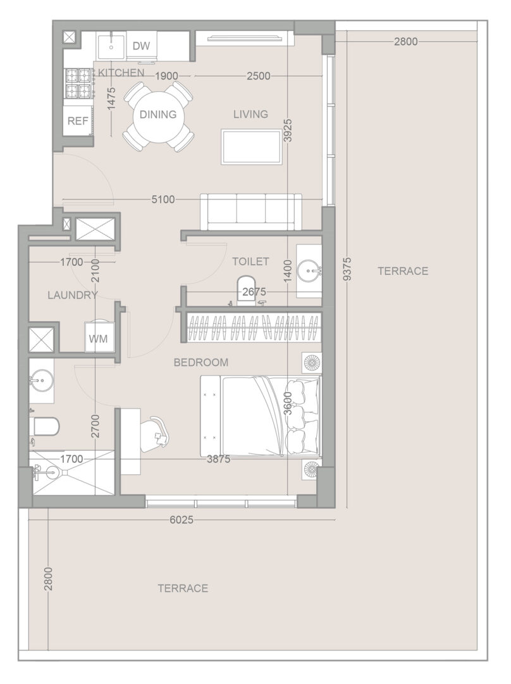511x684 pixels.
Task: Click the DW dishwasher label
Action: (x=141, y=46)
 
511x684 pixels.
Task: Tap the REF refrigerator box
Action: (x=78, y=120)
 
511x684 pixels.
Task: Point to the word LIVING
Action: (x=250, y=114)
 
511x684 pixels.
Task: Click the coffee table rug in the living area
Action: (x=251, y=146)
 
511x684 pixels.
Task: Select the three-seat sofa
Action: (x=251, y=212)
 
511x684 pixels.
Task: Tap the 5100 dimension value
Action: (x=163, y=199)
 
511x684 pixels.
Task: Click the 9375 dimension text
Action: (x=347, y=269)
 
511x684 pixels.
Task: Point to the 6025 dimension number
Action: (x=182, y=519)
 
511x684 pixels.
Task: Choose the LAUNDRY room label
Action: (x=73, y=295)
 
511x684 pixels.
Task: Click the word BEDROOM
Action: (x=201, y=362)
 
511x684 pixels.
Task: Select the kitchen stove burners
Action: (x=79, y=84)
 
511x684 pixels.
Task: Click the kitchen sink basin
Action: (x=111, y=46)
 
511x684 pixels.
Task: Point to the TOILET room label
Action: (x=250, y=262)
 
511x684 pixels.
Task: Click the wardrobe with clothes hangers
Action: (x=251, y=327)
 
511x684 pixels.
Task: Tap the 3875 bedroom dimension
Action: (x=219, y=459)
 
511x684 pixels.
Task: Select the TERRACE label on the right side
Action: (x=403, y=271)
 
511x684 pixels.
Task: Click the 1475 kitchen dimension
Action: (x=111, y=99)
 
